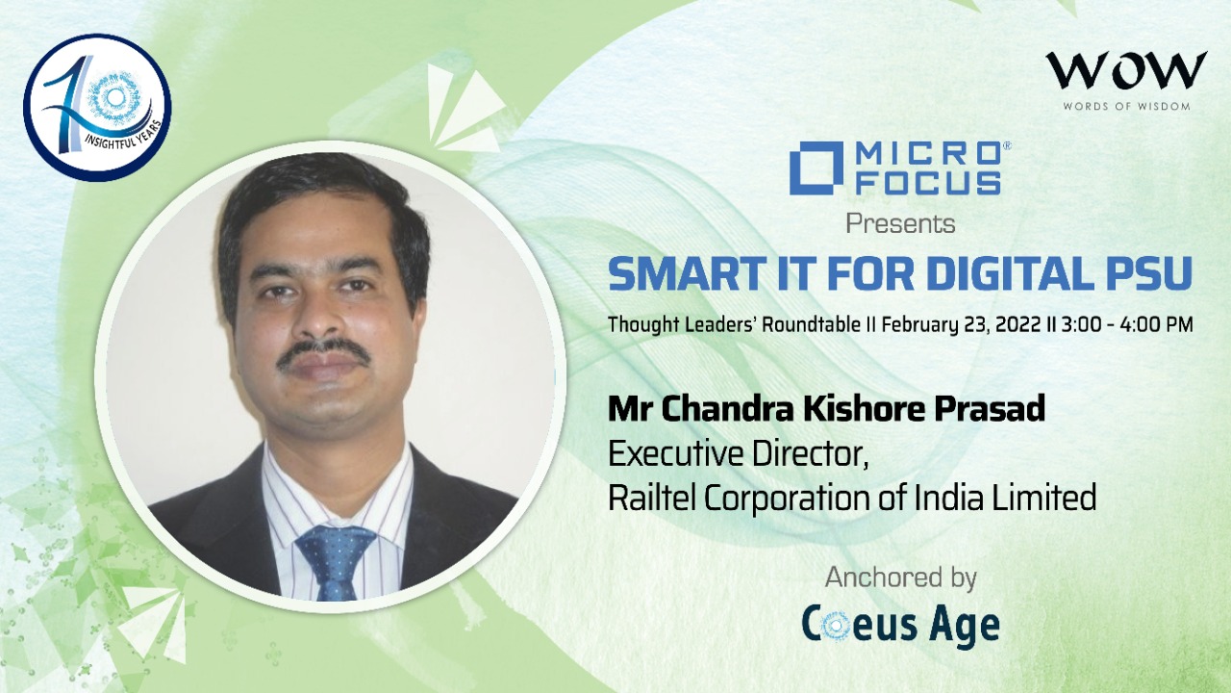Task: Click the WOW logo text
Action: point(1125,70)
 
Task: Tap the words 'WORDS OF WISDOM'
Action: point(1126,106)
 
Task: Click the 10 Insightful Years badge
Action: point(97,108)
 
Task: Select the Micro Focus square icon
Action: point(816,167)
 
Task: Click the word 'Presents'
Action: point(900,224)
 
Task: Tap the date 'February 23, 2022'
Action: point(963,325)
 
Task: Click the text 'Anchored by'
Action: point(901,578)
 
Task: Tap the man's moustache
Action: point(323,354)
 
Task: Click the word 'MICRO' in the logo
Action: point(928,153)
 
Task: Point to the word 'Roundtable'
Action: point(811,324)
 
